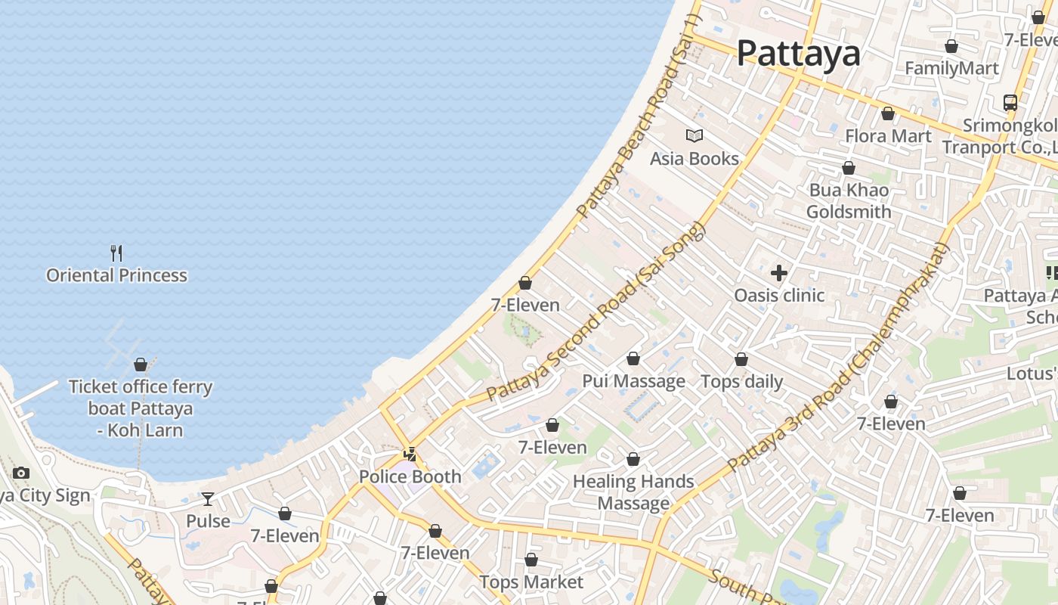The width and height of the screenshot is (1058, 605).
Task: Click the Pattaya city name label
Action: point(798,53)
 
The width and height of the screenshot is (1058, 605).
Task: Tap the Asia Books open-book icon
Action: point(695,135)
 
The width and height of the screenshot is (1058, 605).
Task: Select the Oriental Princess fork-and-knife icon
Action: point(116,253)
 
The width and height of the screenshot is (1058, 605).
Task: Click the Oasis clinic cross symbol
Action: point(779,273)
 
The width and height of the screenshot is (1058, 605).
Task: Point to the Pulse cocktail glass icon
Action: point(208,498)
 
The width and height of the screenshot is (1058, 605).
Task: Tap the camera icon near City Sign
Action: point(21,473)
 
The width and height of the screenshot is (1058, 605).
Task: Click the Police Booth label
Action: point(410,476)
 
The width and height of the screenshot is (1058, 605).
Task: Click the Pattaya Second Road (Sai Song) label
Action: point(597,312)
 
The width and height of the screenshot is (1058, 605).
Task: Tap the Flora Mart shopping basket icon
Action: point(888,114)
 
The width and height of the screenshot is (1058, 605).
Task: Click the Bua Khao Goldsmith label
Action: point(849,200)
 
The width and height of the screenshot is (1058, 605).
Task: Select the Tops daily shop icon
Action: point(741,359)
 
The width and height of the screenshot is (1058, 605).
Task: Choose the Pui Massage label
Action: point(633,381)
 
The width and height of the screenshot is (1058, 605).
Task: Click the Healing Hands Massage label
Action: point(633,492)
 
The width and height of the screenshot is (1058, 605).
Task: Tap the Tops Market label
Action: point(531,582)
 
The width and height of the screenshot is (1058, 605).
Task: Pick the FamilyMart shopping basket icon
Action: point(951,46)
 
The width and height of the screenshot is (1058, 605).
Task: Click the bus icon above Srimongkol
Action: point(1010,102)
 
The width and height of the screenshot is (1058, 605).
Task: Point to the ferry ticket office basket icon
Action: point(140,365)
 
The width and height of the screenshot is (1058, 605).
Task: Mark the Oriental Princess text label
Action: point(116,275)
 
